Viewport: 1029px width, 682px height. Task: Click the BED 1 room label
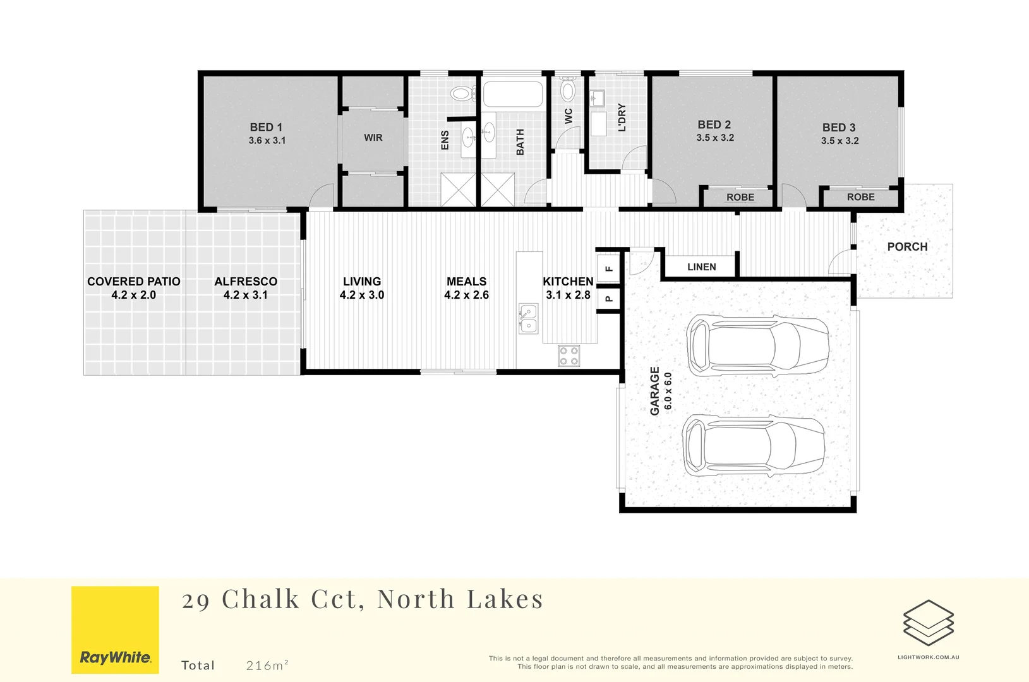[266, 127]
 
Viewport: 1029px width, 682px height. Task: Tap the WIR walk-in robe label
[373, 138]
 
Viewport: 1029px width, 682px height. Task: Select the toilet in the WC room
[568, 90]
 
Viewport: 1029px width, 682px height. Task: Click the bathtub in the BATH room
[513, 95]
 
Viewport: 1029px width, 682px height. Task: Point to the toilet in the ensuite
[463, 94]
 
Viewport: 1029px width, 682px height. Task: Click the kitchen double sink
[528, 318]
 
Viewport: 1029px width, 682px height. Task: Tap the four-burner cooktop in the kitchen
[569, 356]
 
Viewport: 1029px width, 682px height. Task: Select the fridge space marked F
[609, 268]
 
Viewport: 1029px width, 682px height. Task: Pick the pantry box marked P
[609, 298]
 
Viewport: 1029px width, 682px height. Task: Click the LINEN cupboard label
[701, 267]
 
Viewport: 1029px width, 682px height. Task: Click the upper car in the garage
[758, 345]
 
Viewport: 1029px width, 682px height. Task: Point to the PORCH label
[907, 247]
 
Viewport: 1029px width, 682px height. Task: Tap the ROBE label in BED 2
[740, 198]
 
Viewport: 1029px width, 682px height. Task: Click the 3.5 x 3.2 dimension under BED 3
[839, 141]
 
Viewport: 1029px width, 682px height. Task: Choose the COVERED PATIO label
[133, 282]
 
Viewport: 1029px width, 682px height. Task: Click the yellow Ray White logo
[115, 630]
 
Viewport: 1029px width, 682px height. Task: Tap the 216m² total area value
[267, 665]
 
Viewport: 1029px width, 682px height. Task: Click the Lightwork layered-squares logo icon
[928, 623]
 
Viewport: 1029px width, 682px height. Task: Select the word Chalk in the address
[260, 599]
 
